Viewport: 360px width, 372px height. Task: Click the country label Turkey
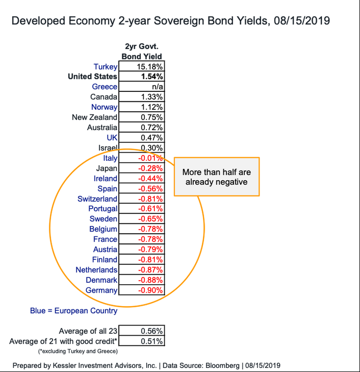[x=105, y=67]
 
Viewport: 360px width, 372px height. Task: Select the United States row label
[x=92, y=77]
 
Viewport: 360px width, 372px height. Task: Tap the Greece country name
[x=104, y=86]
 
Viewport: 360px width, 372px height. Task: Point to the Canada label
[x=103, y=97]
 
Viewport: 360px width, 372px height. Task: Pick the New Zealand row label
[x=94, y=117]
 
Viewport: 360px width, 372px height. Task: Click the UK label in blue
[x=112, y=137]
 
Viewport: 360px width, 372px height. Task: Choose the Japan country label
[x=107, y=168]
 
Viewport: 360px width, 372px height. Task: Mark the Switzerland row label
[x=97, y=199]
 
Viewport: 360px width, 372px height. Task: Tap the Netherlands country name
[x=96, y=270]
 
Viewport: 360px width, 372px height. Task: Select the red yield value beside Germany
[x=151, y=290]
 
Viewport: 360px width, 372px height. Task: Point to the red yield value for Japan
[x=151, y=168]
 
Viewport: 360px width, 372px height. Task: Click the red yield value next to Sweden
[x=151, y=219]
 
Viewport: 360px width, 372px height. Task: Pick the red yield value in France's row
[x=151, y=239]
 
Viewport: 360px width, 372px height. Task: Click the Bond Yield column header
[x=142, y=56]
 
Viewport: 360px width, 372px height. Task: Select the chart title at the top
[x=171, y=21]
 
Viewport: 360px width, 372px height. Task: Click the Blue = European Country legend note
[x=74, y=311]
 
